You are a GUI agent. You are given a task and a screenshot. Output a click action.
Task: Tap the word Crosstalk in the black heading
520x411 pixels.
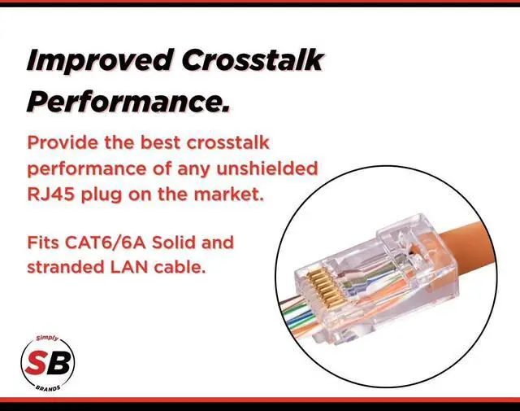coord(252,59)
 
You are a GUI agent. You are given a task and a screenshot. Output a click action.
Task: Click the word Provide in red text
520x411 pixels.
coord(63,143)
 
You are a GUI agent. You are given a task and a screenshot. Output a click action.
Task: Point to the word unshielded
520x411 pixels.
coord(267,168)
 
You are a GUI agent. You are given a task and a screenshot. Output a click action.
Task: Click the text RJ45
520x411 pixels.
coord(50,194)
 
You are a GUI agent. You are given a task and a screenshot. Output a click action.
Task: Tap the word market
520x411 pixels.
coord(229,194)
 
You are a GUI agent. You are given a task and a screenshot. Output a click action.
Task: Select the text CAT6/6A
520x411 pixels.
coord(105,243)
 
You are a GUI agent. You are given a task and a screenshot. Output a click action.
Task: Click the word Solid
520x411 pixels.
coord(174,243)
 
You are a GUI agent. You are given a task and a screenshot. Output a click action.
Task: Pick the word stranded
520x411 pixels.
coord(66,267)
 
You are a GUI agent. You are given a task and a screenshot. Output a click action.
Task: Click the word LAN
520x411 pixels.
coord(129,267)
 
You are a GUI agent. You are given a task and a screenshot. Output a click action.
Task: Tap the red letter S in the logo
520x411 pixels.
coord(37,362)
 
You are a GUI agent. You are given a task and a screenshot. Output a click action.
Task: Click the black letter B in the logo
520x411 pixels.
coord(59,362)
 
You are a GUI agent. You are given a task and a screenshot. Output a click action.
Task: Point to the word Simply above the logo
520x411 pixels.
coord(47,339)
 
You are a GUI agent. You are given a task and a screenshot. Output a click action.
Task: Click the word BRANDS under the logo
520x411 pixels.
coord(48,388)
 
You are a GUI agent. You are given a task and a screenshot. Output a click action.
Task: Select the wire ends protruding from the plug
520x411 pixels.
coord(300,317)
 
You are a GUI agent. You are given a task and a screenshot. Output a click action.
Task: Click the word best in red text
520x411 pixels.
coord(161,143)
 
